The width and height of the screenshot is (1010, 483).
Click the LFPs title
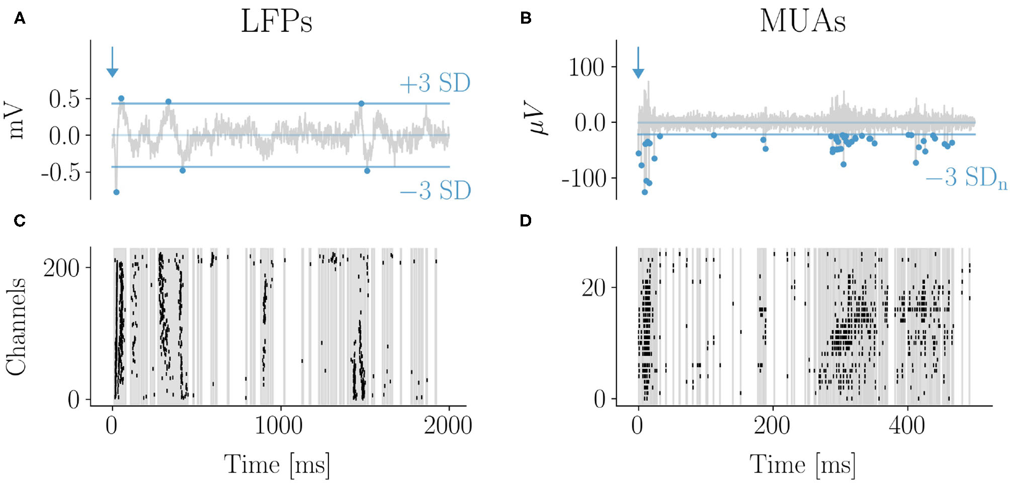277,21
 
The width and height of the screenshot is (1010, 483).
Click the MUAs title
802,21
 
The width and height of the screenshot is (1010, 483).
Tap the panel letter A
20,19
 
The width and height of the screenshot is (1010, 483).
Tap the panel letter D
525,221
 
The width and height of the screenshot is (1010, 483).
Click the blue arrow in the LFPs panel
112,63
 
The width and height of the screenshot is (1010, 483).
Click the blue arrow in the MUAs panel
638,63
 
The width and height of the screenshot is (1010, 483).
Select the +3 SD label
435,84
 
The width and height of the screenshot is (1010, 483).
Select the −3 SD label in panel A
435,191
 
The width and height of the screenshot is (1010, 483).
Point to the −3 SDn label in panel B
966,178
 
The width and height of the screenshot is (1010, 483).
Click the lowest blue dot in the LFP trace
116,192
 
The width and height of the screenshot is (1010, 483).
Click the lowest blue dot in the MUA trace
645,192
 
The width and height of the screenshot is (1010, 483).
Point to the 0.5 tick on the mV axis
64,99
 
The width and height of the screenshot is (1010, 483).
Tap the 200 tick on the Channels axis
61,268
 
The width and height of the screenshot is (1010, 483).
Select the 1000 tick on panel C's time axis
279,426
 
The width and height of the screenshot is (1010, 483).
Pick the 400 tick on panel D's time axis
907,426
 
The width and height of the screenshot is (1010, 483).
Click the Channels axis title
16,326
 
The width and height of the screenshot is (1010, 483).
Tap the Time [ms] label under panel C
277,464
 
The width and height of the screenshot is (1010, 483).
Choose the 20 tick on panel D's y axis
593,288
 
